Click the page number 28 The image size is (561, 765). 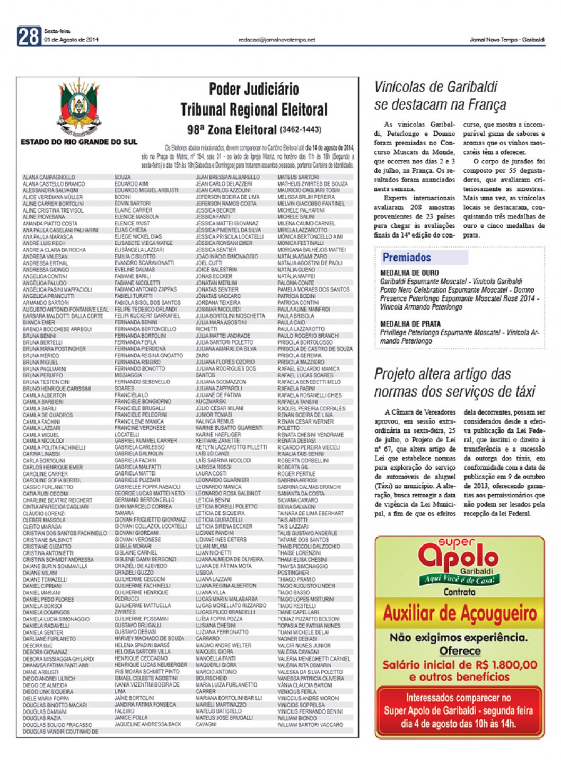click(29, 37)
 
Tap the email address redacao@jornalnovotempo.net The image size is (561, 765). click(277, 40)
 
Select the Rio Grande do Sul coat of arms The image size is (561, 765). click(79, 108)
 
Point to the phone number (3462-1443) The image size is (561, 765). click(301, 129)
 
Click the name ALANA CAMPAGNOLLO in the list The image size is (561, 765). click(49, 178)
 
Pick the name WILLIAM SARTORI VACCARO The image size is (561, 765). click(310, 725)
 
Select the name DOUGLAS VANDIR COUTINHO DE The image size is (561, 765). click(60, 732)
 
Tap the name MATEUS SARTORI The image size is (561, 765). click(298, 178)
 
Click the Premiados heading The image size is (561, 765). click(407, 258)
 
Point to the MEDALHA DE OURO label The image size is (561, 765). click(409, 273)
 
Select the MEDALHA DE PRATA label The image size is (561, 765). click(410, 324)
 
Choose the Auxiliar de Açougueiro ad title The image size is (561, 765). click(460, 614)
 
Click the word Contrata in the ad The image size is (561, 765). click(459, 592)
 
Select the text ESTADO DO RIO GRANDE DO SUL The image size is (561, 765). click(79, 142)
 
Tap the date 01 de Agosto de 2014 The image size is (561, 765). click(71, 40)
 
